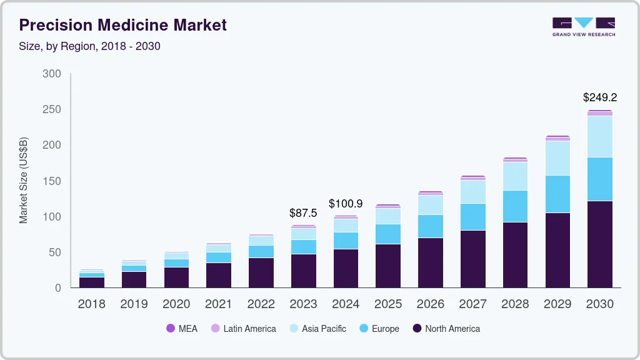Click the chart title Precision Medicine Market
pyautogui.click(x=122, y=25)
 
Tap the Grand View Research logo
pyautogui.click(x=583, y=27)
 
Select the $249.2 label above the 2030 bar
pyautogui.click(x=599, y=97)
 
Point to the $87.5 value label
pyautogui.click(x=303, y=213)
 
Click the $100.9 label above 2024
pyautogui.click(x=346, y=204)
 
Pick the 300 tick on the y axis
pyautogui.click(x=51, y=74)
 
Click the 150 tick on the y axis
pyautogui.click(x=51, y=181)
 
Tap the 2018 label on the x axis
pyautogui.click(x=91, y=304)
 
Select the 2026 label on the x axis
pyautogui.click(x=430, y=304)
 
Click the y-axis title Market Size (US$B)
pyautogui.click(x=24, y=181)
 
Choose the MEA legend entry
pyautogui.click(x=181, y=329)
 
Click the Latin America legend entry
pyautogui.click(x=243, y=329)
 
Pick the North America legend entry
pyautogui.click(x=446, y=329)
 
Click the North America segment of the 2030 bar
pyautogui.click(x=599, y=244)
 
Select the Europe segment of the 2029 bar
pyautogui.click(x=557, y=194)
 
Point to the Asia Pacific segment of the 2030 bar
pyautogui.click(x=599, y=136)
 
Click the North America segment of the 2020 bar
pyautogui.click(x=176, y=277)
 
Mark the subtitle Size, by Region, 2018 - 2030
pyautogui.click(x=89, y=46)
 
